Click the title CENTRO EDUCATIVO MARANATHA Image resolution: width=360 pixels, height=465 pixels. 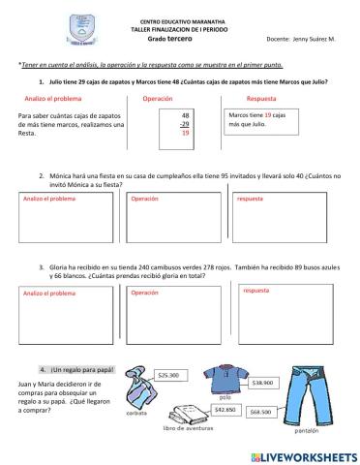(x=180, y=20)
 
